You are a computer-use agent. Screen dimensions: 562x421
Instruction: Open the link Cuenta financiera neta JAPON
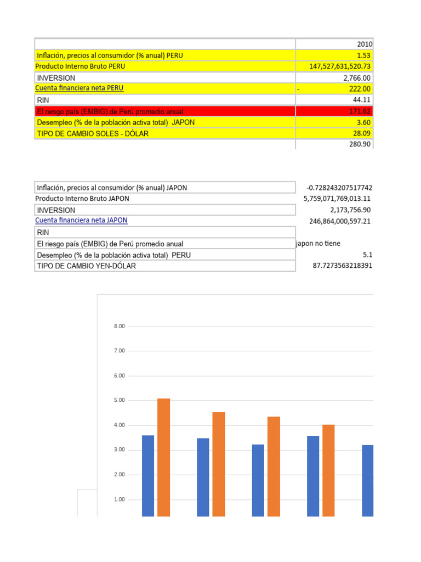pos(81,220)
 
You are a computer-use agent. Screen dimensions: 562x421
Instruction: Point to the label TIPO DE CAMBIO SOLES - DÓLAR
pos(93,133)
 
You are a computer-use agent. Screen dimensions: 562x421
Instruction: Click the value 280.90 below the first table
pos(360,144)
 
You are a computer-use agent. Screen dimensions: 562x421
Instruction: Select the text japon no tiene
pos(318,243)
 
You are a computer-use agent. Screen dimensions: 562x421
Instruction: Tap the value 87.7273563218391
pos(342,266)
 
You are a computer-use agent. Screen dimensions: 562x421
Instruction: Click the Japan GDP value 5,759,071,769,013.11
pos(337,199)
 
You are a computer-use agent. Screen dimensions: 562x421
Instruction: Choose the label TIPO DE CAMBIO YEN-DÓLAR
pos(86,266)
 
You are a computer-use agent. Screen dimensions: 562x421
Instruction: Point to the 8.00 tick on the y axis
pos(119,327)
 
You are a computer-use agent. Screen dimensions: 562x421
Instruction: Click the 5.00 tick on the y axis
pos(119,401)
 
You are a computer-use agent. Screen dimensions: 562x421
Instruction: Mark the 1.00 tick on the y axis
pos(119,499)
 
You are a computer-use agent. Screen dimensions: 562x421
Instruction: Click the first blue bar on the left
pos(148,475)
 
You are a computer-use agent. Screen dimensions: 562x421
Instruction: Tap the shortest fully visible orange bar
pos(328,470)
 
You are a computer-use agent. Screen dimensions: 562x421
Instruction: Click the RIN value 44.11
pos(362,100)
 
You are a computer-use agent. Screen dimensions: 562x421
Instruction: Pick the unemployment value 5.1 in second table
pos(367,255)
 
